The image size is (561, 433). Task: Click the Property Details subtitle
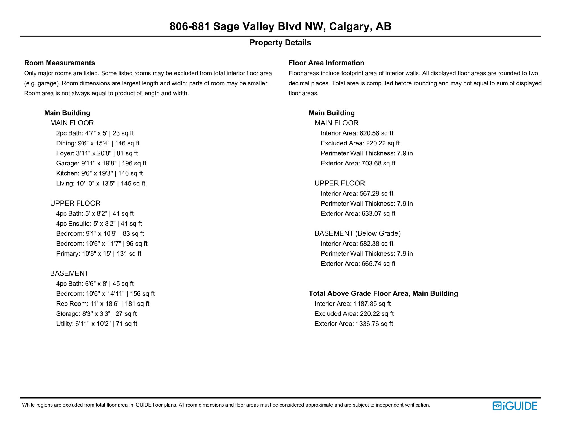(280, 43)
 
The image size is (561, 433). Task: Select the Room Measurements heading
(60, 63)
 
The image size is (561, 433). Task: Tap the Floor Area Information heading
(326, 63)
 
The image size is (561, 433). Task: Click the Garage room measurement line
(101, 163)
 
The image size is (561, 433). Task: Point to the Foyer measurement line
(97, 153)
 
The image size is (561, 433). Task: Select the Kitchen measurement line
(99, 173)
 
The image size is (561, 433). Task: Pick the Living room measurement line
(100, 184)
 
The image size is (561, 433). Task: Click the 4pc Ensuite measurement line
(99, 224)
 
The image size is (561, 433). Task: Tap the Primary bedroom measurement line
(98, 254)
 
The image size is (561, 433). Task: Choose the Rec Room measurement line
(103, 304)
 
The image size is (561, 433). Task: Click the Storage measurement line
(96, 314)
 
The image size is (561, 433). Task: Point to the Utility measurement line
(97, 324)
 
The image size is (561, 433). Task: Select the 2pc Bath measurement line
(95, 133)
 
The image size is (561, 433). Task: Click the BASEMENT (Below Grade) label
(358, 233)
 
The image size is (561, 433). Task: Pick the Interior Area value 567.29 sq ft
(376, 194)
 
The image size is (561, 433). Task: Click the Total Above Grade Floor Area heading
(383, 294)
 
